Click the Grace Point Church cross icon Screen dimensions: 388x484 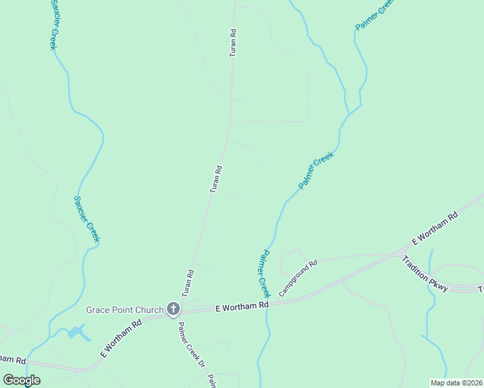173,309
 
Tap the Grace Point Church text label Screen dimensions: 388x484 125,310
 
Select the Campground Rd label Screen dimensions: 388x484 298,278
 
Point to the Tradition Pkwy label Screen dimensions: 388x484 424,274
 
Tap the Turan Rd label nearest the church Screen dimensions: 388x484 188,283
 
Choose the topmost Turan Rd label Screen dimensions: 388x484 233,42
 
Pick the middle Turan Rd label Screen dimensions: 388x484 216,179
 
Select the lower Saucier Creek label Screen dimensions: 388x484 87,220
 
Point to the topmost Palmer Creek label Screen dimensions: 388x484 375,15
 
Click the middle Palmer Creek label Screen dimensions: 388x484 316,171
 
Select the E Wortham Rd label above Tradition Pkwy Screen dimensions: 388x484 435,228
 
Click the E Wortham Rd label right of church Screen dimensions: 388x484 241,305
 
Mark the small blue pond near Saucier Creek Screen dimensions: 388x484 76,333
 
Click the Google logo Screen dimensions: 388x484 21,380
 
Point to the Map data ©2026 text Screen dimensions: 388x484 457,383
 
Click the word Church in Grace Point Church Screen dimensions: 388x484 149,310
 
